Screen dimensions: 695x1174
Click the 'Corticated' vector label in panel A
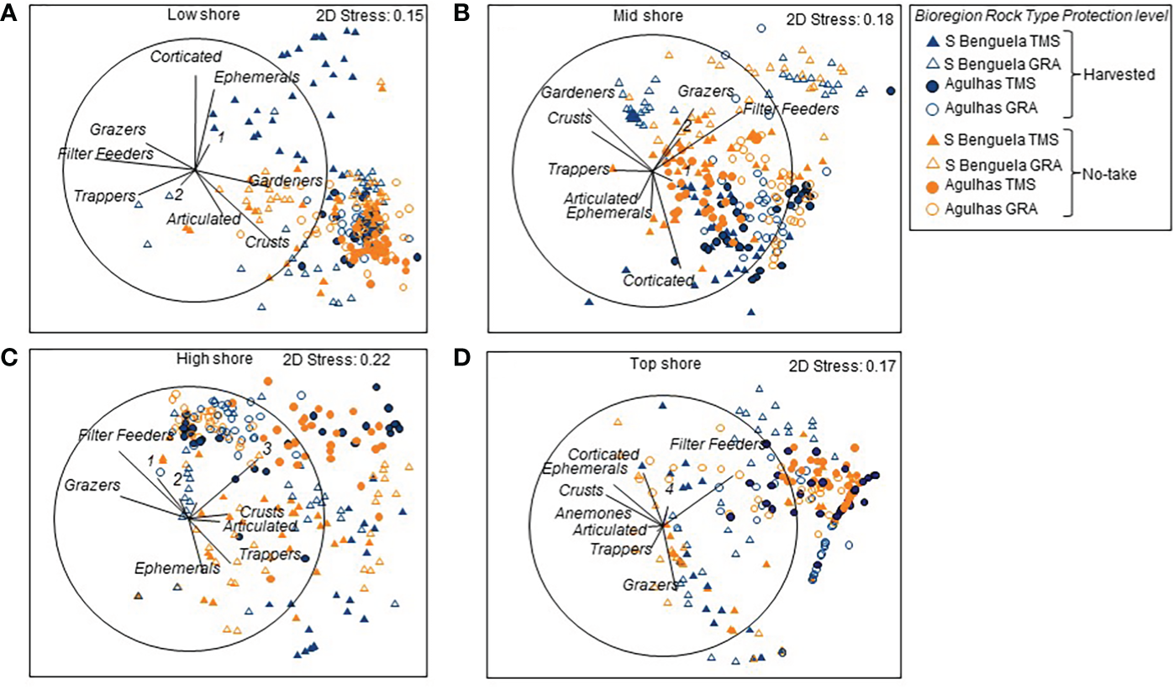(186, 56)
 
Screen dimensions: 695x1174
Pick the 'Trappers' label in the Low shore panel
(104, 196)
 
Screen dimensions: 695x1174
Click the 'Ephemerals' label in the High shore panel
(177, 567)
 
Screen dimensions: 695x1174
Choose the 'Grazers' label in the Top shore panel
(650, 584)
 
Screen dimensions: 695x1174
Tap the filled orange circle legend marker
(931, 182)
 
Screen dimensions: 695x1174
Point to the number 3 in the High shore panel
(266, 450)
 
